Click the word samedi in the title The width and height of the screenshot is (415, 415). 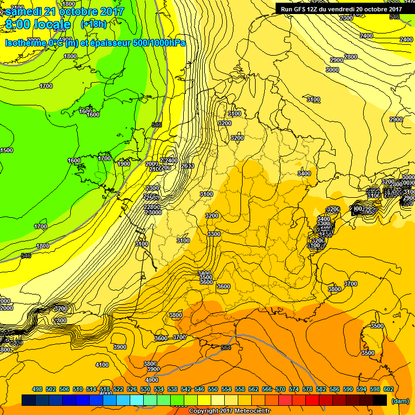(x=28, y=11)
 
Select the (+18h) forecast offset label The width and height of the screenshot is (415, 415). (x=93, y=24)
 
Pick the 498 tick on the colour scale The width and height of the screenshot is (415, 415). (x=37, y=389)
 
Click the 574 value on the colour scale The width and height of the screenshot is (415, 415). (x=294, y=389)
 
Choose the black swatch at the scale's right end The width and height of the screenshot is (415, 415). (x=380, y=400)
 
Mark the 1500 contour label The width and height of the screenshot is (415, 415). (x=6, y=150)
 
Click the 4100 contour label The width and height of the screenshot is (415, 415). (x=102, y=365)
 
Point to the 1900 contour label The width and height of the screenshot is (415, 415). (x=124, y=164)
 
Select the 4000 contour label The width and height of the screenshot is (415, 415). (x=152, y=380)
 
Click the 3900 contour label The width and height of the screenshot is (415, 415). (x=120, y=347)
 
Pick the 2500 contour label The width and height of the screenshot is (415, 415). (x=187, y=166)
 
